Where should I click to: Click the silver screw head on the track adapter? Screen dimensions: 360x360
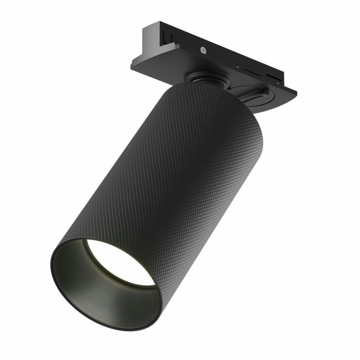[x=204, y=50]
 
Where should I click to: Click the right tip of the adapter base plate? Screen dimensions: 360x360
[x=296, y=92]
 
